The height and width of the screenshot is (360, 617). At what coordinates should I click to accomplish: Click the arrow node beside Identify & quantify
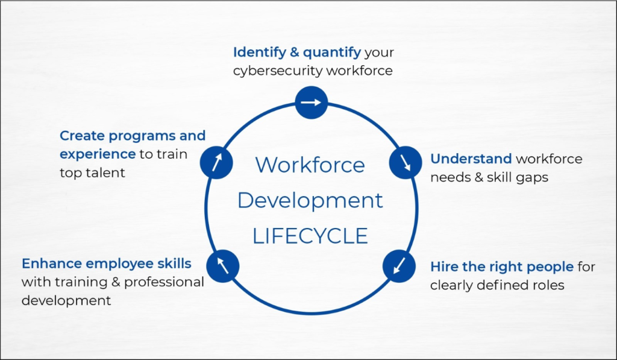[312, 103]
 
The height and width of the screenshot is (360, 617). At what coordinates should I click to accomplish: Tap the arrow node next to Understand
[406, 162]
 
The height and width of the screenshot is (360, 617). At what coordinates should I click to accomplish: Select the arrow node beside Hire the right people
[399, 267]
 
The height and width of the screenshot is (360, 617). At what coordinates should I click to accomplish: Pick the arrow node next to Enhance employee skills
[223, 267]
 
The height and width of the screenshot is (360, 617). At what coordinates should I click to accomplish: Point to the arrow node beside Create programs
[216, 162]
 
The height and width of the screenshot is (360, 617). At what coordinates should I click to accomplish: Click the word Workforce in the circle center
[310, 165]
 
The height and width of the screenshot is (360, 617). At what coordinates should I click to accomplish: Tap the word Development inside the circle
[310, 200]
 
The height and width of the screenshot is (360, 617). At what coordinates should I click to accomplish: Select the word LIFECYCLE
[310, 236]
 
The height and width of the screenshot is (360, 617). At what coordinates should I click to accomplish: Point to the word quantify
[332, 52]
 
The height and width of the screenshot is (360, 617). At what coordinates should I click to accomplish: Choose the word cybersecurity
[278, 71]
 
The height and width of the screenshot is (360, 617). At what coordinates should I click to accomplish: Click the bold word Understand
[471, 159]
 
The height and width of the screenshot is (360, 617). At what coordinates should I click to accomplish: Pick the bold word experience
[98, 154]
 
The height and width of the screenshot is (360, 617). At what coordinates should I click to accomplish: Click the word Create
[82, 136]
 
